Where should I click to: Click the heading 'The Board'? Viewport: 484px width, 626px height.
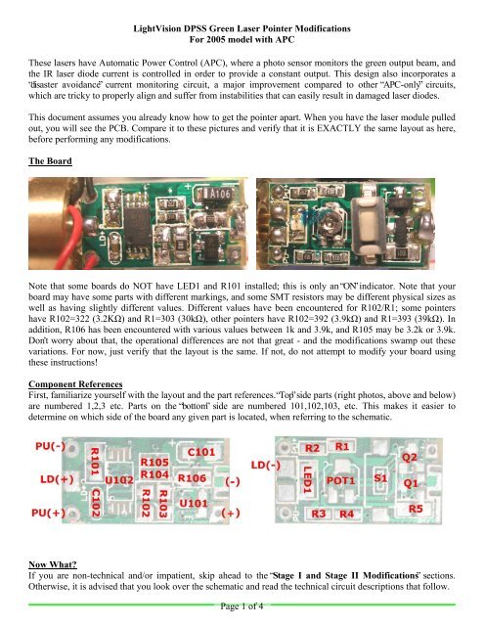pos(50,160)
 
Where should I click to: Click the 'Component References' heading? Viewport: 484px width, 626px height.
pos(75,384)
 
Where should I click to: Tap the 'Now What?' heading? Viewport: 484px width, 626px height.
pos(52,564)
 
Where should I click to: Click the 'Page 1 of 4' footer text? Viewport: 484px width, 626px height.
pos(242,606)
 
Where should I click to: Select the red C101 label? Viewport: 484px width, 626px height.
pos(201,452)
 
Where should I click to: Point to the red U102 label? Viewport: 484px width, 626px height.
pos(119,480)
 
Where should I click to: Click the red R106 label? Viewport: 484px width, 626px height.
pos(192,478)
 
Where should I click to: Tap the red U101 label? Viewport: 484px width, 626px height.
pos(194,503)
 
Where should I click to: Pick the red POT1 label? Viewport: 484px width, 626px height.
pos(340,480)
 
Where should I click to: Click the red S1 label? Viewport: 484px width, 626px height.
pos(380,477)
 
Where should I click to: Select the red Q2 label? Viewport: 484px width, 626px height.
pos(410,458)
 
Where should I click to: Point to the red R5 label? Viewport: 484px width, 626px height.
pos(416,509)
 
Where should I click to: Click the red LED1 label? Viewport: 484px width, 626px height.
pos(307,480)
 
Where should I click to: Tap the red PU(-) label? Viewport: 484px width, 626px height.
pos(50,446)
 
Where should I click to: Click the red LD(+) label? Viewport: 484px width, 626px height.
pos(57,479)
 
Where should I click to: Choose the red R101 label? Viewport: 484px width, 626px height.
pos(95,461)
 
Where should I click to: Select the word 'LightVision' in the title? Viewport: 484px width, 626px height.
pos(157,28)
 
